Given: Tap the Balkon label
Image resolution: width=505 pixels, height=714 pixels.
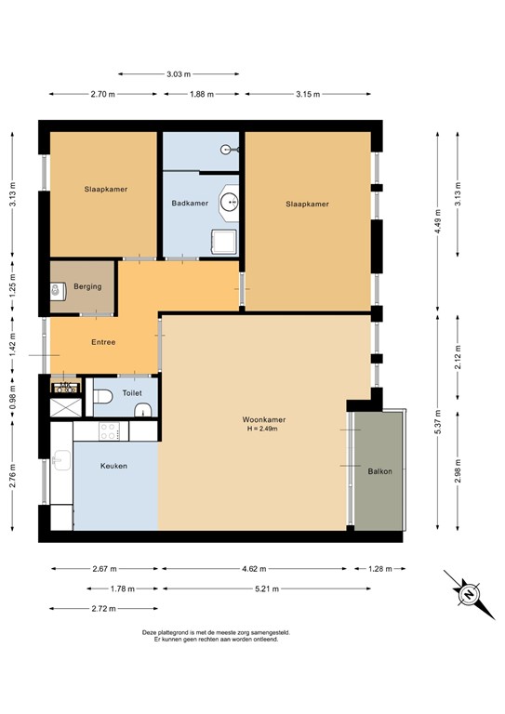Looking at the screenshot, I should pyautogui.click(x=379, y=471).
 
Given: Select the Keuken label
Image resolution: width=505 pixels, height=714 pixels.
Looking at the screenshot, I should pyautogui.click(x=114, y=466).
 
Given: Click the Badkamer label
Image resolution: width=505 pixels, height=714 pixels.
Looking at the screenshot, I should pyautogui.click(x=189, y=203).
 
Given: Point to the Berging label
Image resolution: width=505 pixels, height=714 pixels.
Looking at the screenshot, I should pyautogui.click(x=87, y=287).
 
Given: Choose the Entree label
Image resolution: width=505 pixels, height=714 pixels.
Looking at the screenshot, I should pyautogui.click(x=103, y=342).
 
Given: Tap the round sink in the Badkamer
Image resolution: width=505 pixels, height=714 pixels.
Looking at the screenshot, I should pyautogui.click(x=229, y=201).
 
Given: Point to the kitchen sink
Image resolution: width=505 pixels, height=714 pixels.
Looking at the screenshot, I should pyautogui.click(x=62, y=459).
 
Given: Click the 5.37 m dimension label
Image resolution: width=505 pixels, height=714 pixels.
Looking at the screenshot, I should pyautogui.click(x=437, y=427).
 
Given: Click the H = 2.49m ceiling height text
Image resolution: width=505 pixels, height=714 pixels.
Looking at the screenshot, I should pyautogui.click(x=261, y=430).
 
